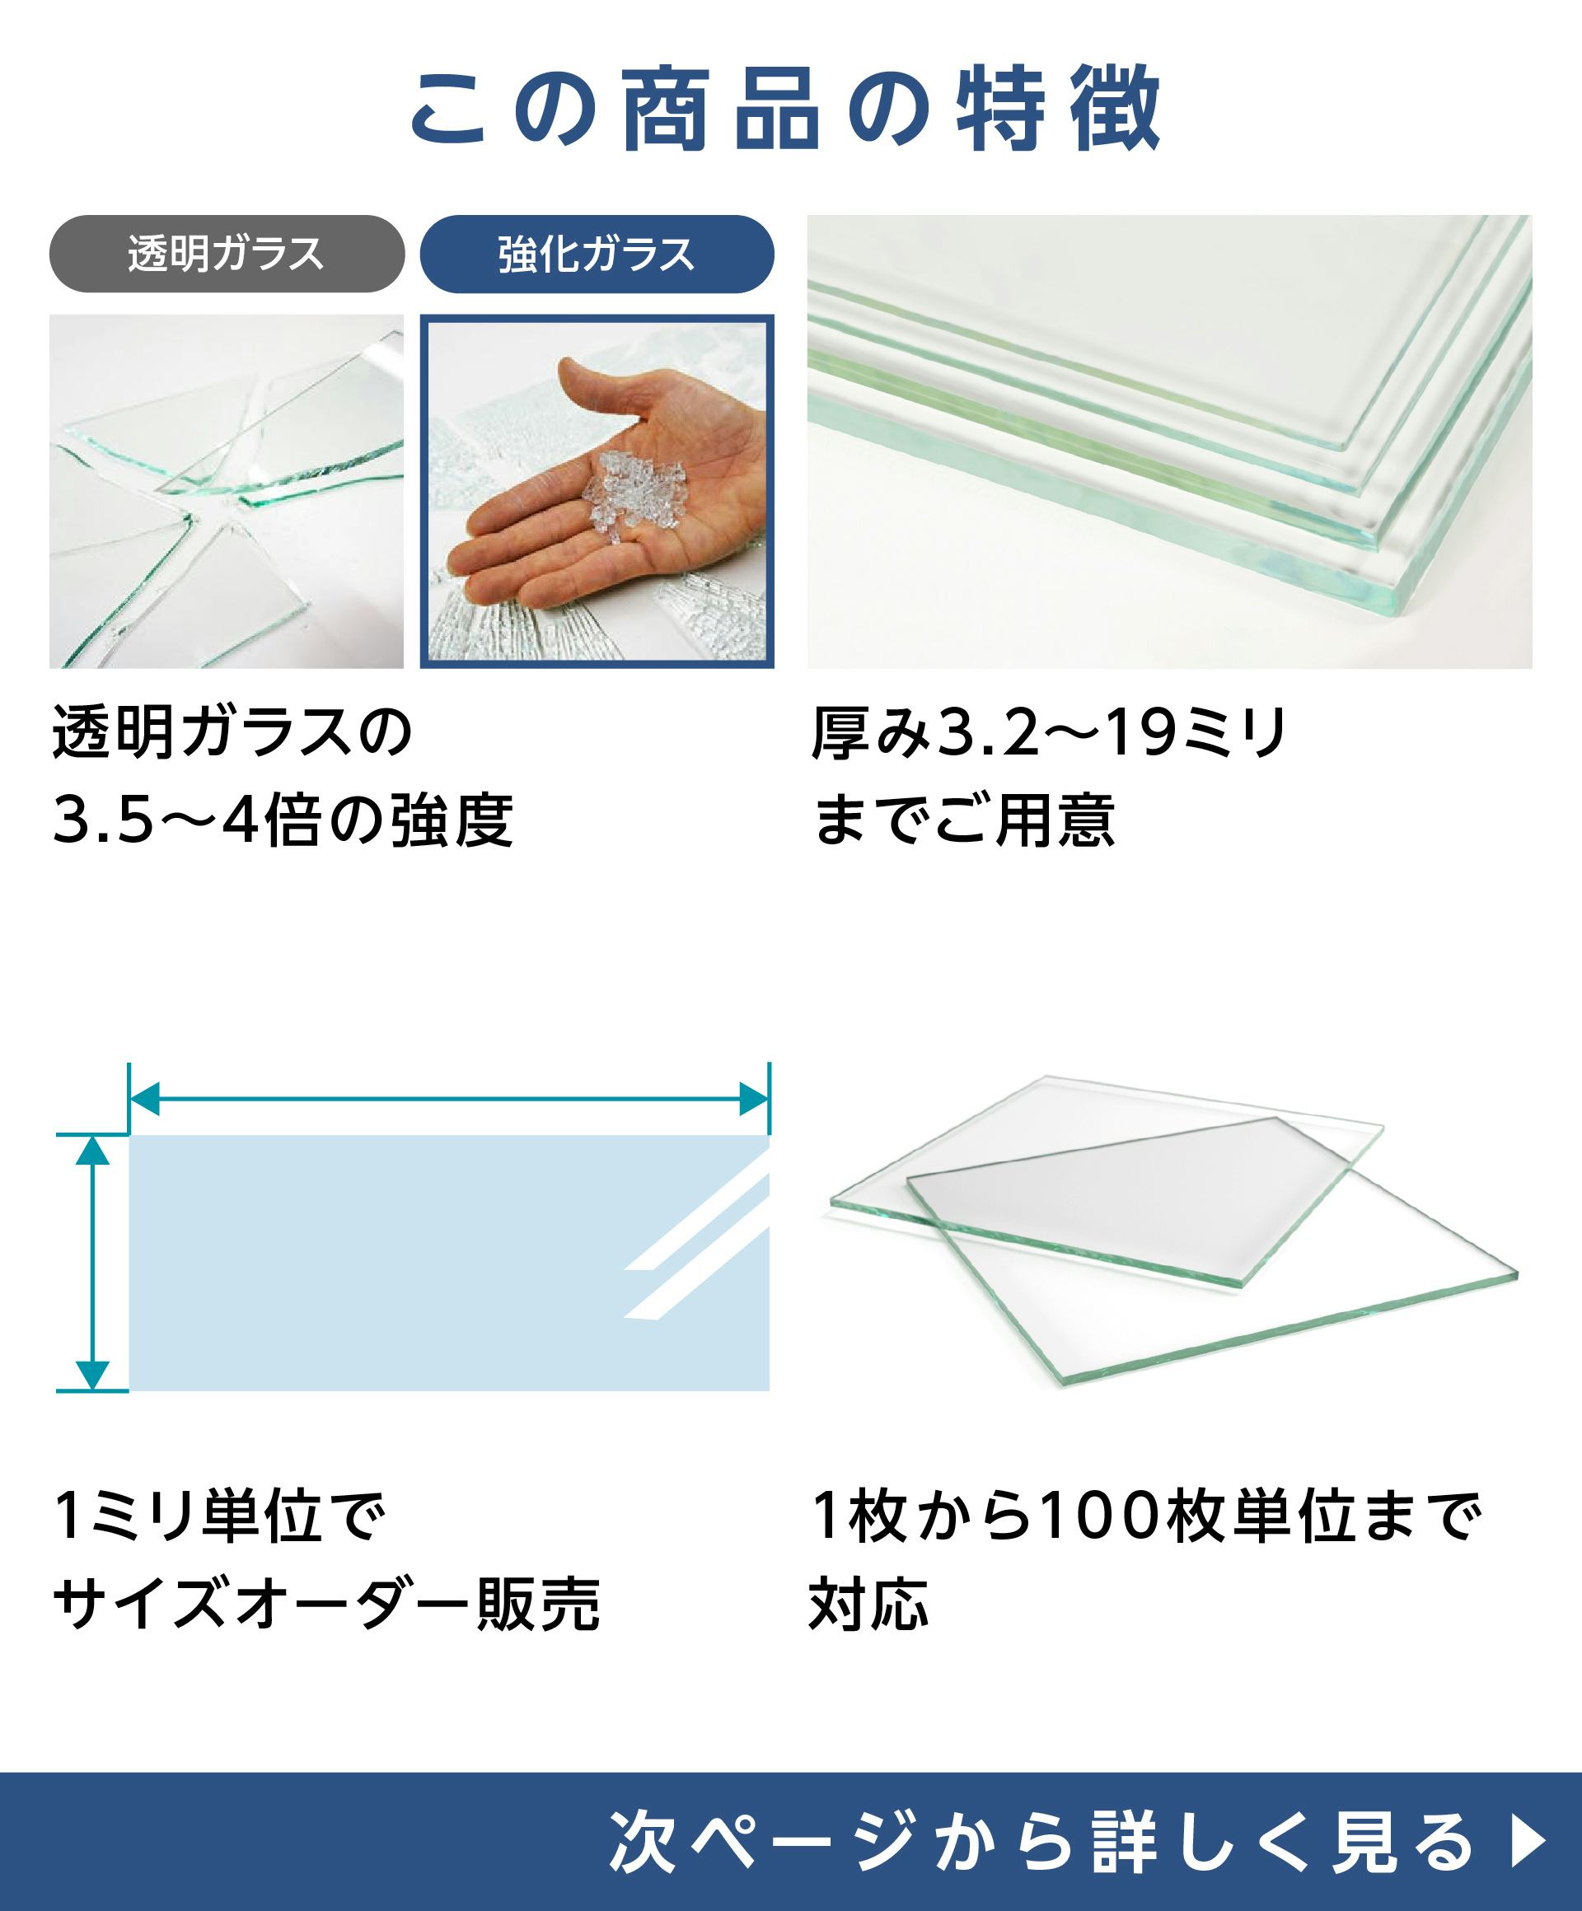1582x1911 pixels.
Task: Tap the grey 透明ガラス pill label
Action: click(x=227, y=254)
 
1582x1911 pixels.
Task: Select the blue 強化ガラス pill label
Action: click(x=597, y=254)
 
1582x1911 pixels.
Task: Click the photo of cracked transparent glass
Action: click(x=227, y=492)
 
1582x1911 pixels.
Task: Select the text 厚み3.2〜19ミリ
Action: click(x=1050, y=732)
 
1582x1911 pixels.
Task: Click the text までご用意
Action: click(x=963, y=820)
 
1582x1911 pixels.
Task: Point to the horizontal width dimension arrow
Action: click(x=450, y=1098)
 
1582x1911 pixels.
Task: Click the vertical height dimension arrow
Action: click(x=92, y=1263)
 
